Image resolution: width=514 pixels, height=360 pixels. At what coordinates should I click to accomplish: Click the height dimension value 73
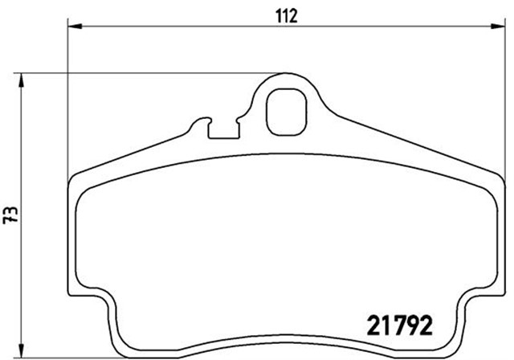(10, 215)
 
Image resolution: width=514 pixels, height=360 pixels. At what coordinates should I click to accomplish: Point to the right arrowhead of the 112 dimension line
(492, 27)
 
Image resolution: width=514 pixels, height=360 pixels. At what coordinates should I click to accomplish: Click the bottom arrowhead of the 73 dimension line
(25, 354)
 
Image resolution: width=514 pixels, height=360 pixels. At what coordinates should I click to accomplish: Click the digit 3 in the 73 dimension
(10, 211)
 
